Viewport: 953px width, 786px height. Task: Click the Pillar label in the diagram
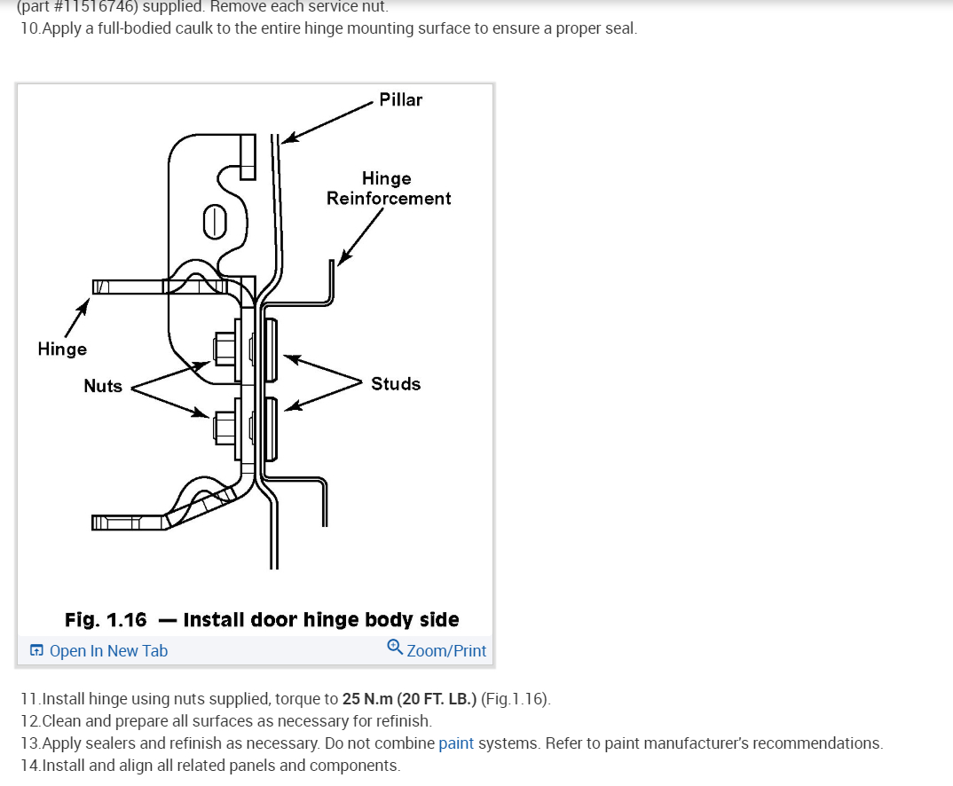click(x=400, y=99)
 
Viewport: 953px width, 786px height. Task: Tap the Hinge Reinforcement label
click(x=388, y=189)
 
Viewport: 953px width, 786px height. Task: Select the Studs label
click(x=396, y=384)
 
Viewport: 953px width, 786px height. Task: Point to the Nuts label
click(x=103, y=386)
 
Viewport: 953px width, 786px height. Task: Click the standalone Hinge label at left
click(x=62, y=349)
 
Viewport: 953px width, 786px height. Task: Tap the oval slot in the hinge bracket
click(x=213, y=221)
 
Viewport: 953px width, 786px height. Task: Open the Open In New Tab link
click(x=108, y=651)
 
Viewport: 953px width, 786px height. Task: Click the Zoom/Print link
click(x=446, y=651)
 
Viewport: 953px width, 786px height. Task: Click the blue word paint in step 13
click(x=456, y=743)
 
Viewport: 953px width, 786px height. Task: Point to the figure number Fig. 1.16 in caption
click(x=106, y=619)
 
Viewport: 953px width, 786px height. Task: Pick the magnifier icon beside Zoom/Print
click(x=396, y=649)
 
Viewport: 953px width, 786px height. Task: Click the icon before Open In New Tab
click(x=36, y=651)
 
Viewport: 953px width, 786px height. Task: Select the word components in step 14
click(x=357, y=766)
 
